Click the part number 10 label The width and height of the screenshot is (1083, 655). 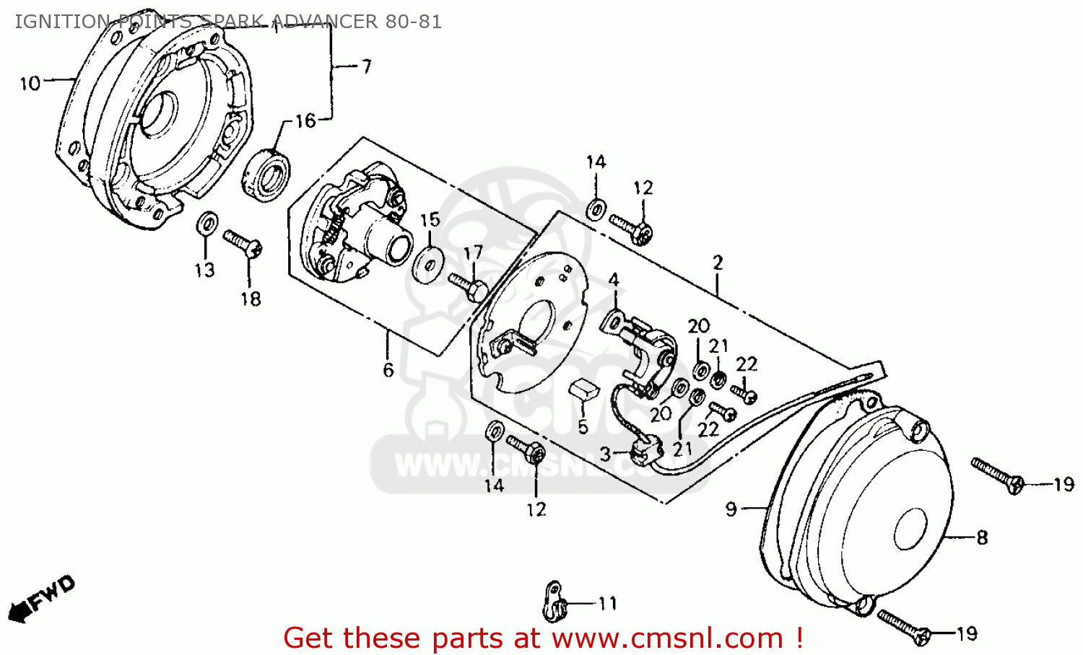pos(30,84)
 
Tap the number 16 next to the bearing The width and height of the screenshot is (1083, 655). pos(305,121)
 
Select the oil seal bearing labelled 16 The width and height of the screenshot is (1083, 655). pos(266,174)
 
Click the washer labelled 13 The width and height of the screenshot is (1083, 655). pos(206,223)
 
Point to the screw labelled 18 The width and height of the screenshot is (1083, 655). pos(243,243)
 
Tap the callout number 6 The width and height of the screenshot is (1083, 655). pos(388,370)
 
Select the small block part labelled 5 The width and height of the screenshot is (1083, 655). pos(583,390)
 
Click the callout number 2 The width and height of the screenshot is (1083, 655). pos(718,263)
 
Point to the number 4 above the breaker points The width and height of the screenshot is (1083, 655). pos(613,280)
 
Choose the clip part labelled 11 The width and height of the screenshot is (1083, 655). pos(554,601)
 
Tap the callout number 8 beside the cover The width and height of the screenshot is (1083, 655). pos(982,537)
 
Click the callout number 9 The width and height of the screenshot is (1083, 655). pos(731,509)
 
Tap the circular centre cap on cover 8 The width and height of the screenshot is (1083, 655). pos(910,529)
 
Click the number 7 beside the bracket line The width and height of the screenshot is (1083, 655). pos(366,67)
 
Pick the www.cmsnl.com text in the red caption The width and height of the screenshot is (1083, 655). pos(667,638)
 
